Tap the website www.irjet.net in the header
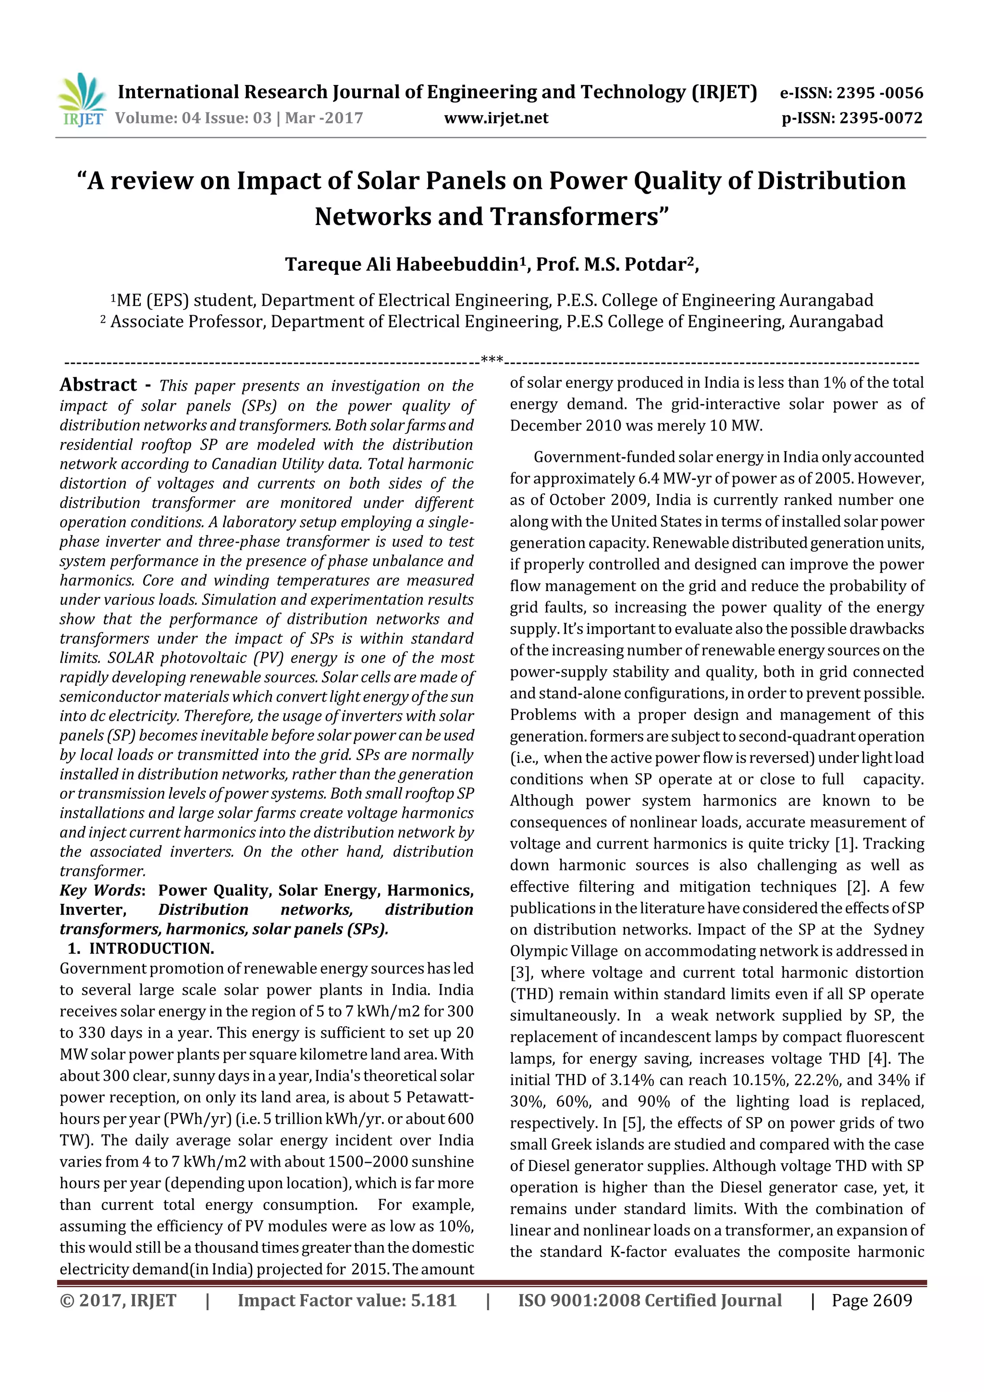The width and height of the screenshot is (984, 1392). tap(496, 118)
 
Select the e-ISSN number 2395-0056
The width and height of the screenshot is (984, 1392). tap(880, 93)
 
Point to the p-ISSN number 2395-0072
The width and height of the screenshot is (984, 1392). tap(880, 118)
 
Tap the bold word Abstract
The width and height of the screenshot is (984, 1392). tap(98, 385)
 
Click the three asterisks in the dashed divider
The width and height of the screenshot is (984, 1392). tap(492, 360)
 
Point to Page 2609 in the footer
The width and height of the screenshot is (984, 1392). tap(871, 1300)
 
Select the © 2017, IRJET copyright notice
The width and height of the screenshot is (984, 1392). tap(118, 1300)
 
